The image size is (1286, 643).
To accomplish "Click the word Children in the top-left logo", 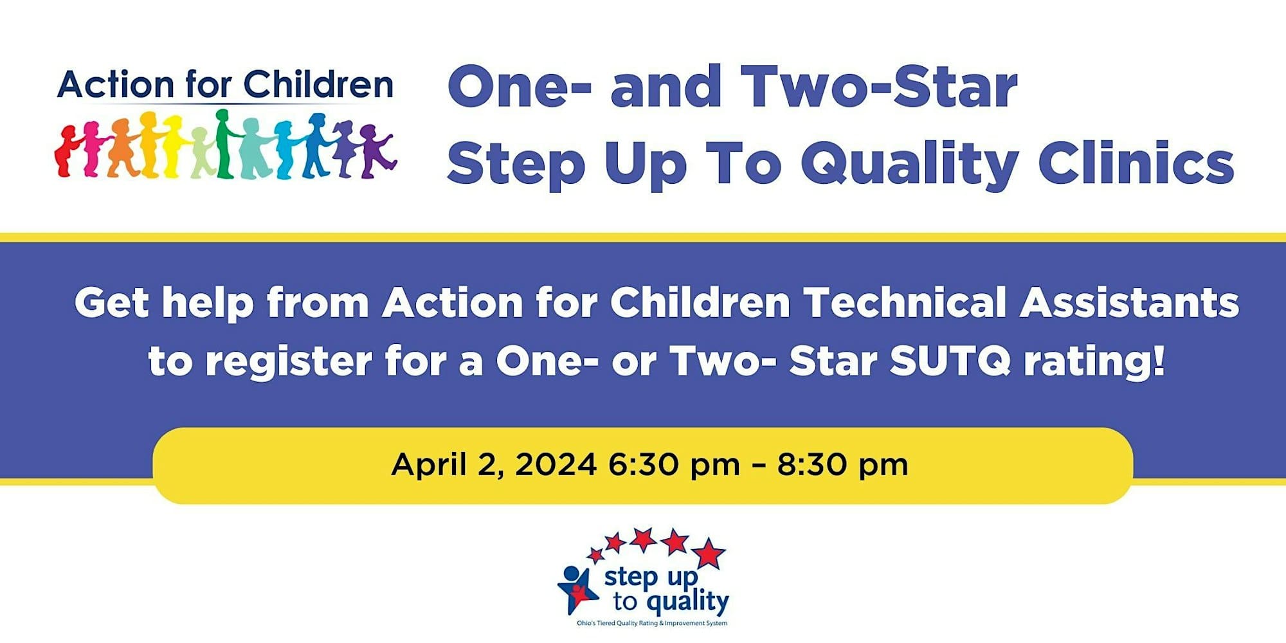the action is coord(318,84).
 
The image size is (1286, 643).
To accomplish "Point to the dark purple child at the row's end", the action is coord(376,150).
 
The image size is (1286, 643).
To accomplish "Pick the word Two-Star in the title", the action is coord(879,87).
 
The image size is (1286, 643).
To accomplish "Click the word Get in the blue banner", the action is coord(112,302).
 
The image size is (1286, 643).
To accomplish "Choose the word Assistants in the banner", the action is coord(1130,302).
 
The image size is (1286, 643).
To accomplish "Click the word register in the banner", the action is coord(289,363).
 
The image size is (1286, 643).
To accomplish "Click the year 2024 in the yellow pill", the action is coord(556,464).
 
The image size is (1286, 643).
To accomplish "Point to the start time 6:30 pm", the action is coord(674,465).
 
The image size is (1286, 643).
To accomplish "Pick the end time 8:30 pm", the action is coord(843,465).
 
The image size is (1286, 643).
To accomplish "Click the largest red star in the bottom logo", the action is coord(708,553).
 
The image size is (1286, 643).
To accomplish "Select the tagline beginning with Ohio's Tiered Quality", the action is coord(652,623).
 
